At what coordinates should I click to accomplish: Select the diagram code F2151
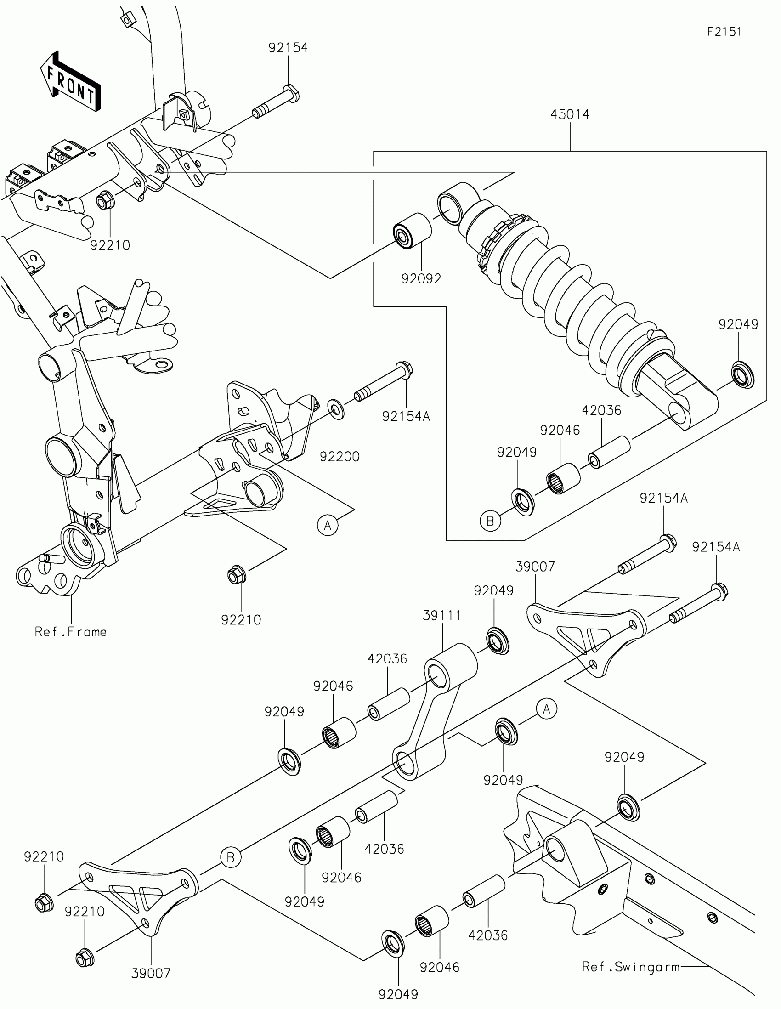tap(724, 32)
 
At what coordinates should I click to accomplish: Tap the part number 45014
tap(570, 114)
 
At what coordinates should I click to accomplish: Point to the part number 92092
tap(421, 278)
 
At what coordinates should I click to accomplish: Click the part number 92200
tap(340, 456)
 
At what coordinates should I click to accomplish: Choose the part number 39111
tap(442, 615)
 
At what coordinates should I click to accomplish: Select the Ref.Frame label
tap(71, 632)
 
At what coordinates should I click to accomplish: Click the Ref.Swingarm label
tap(630, 967)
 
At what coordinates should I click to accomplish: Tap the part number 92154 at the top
tap(288, 48)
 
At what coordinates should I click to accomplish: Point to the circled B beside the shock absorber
tap(490, 521)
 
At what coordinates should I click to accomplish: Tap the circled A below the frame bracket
tap(328, 525)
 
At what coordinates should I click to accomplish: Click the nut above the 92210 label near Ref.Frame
tap(237, 575)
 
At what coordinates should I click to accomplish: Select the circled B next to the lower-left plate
tap(231, 857)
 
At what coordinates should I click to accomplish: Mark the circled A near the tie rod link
tap(547, 709)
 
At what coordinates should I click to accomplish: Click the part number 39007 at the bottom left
tap(151, 974)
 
